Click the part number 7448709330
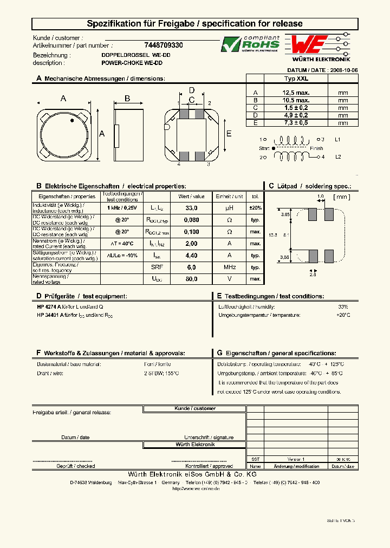coord(164,46)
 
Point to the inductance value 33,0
coord(191,208)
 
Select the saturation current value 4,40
coord(191,255)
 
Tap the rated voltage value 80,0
coord(191,279)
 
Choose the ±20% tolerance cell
coord(255,208)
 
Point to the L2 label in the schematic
coord(337,157)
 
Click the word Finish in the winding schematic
coord(316,148)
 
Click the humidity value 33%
coord(343,306)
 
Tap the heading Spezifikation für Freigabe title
coord(195,24)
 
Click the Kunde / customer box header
coord(195,409)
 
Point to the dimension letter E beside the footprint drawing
coord(229,134)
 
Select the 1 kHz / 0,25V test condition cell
coord(122,208)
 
